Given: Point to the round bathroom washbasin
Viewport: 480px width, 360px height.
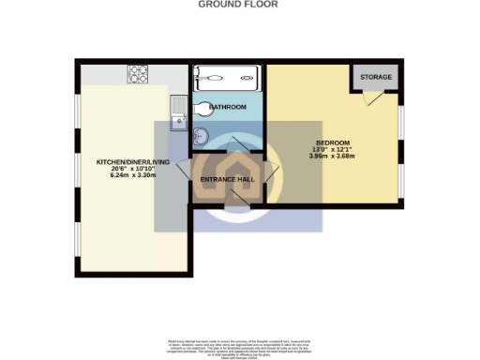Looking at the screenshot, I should (x=201, y=131).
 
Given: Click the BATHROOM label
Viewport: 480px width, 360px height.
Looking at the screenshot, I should (x=228, y=108).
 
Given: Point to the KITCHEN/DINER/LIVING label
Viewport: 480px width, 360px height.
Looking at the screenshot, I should (x=133, y=162).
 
